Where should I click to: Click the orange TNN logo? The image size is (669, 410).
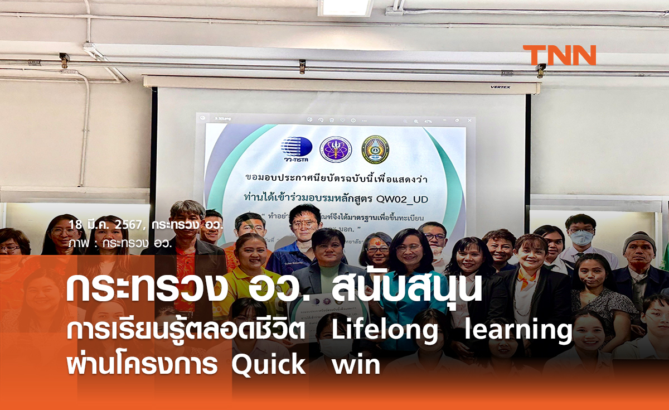[x=559, y=55]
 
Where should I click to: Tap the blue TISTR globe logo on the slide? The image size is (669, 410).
[x=296, y=149]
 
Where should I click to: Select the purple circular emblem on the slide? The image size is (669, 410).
[x=336, y=149]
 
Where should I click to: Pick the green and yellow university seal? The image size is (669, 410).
[x=375, y=149]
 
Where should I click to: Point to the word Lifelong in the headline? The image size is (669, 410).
[x=385, y=330]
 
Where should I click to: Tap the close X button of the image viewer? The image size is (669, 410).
[x=468, y=119]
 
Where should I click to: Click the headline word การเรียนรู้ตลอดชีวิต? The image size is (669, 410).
[x=186, y=330]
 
